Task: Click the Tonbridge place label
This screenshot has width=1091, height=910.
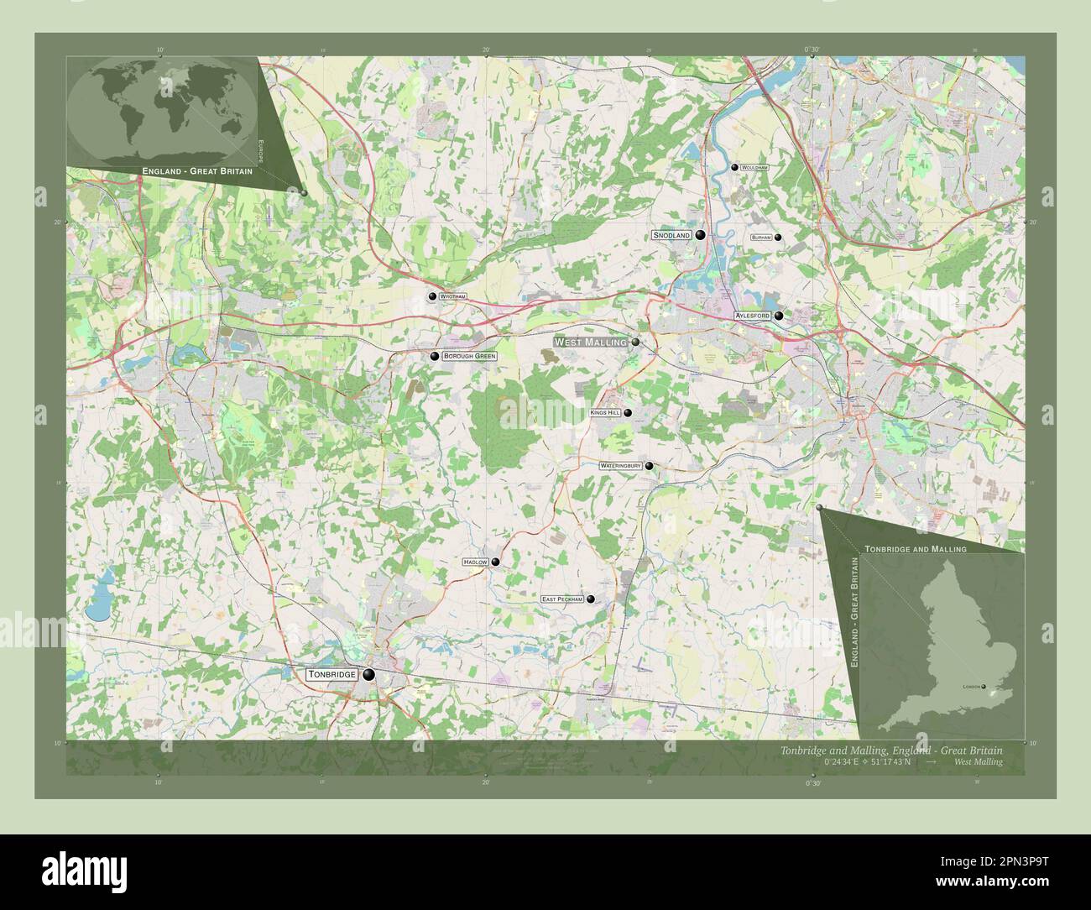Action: pyautogui.click(x=332, y=674)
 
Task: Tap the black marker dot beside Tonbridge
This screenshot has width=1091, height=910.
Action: pyautogui.click(x=368, y=674)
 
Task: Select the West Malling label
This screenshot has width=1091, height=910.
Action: pyautogui.click(x=590, y=343)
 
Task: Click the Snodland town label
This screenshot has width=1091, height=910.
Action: pyautogui.click(x=671, y=236)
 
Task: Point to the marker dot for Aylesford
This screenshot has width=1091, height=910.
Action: pyautogui.click(x=779, y=316)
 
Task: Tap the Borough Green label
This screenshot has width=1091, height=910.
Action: pyautogui.click(x=469, y=356)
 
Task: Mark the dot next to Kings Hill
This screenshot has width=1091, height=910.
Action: pyautogui.click(x=627, y=413)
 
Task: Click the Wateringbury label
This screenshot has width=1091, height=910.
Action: pyautogui.click(x=620, y=465)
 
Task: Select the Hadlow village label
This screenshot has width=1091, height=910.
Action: pyautogui.click(x=474, y=562)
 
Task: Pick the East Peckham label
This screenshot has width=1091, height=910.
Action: pyautogui.click(x=561, y=599)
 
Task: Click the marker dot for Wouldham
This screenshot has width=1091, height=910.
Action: pyautogui.click(x=734, y=168)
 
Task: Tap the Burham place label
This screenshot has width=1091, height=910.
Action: pyautogui.click(x=761, y=238)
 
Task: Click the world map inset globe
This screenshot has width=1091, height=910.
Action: pyautogui.click(x=162, y=111)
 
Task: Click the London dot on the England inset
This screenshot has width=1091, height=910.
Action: pyautogui.click(x=984, y=687)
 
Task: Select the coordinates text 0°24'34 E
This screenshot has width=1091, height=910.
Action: pyautogui.click(x=848, y=761)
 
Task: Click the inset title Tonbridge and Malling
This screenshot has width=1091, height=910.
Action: pyautogui.click(x=915, y=548)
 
